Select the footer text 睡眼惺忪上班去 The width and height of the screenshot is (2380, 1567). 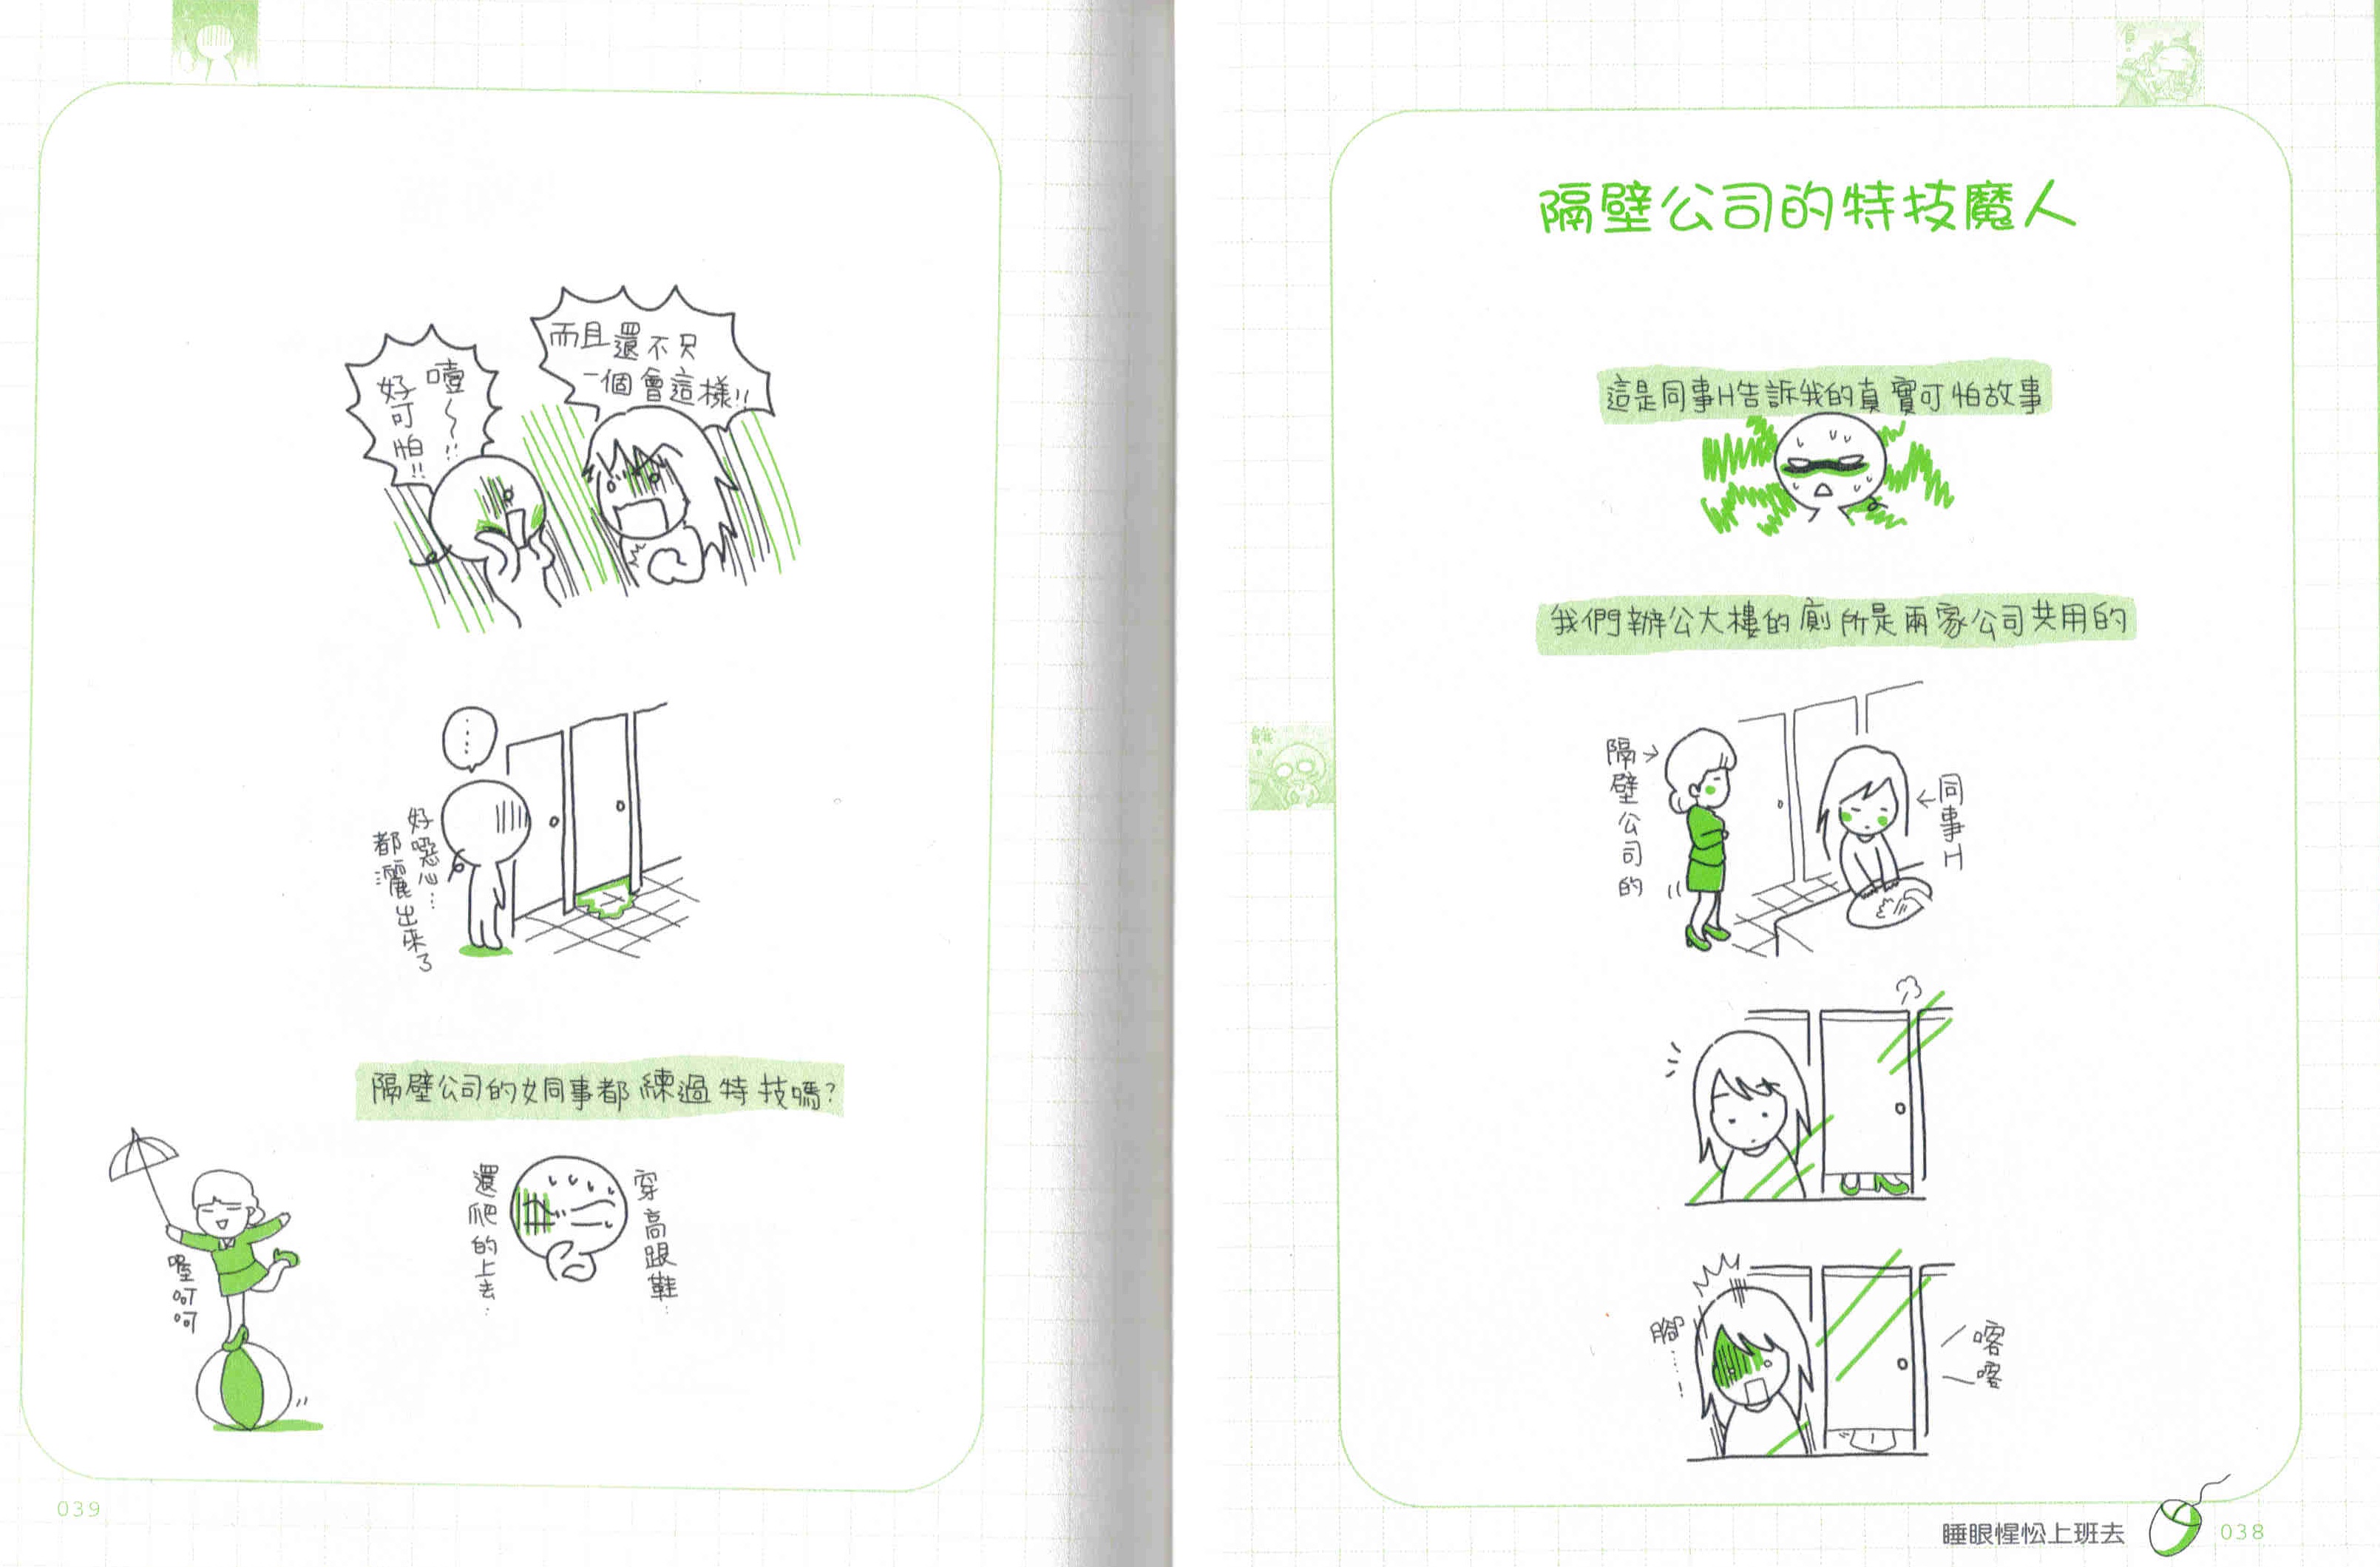pyautogui.click(x=2032, y=1533)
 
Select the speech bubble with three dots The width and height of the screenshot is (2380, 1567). pyautogui.click(x=469, y=738)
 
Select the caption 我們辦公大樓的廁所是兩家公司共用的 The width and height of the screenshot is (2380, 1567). pyautogui.click(x=1835, y=622)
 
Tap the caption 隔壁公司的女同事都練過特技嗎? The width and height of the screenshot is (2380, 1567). pyautogui.click(x=600, y=1088)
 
